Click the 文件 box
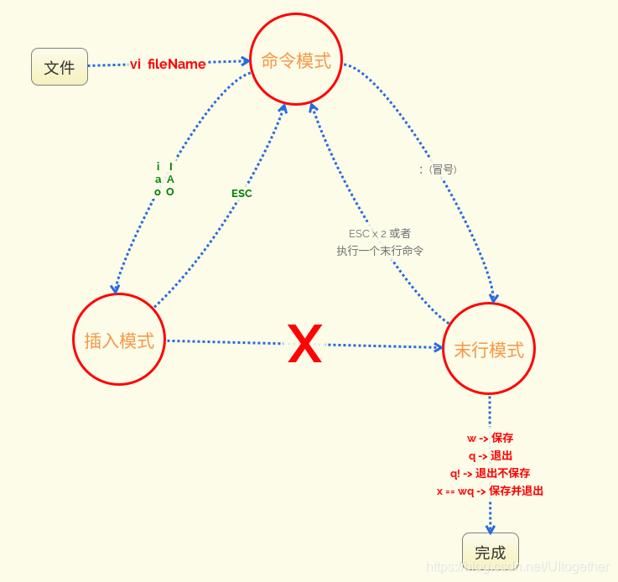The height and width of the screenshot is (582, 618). [60, 67]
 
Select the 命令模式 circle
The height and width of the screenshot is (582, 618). [296, 60]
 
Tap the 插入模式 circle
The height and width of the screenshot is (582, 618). [119, 340]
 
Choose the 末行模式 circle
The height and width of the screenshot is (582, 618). [489, 349]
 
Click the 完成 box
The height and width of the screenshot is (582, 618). [490, 551]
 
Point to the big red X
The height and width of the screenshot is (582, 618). [304, 344]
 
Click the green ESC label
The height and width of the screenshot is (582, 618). [241, 194]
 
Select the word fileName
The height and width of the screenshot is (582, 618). [176, 64]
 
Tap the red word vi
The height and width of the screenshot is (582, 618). [135, 65]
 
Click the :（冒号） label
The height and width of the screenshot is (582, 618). [439, 169]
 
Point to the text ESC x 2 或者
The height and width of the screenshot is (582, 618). [380, 233]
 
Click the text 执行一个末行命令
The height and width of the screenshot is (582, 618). [380, 251]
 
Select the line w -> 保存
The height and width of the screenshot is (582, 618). [490, 438]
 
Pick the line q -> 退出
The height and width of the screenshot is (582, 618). [490, 455]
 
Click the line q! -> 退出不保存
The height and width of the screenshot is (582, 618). [490, 473]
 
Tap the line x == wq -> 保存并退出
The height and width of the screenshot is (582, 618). [490, 491]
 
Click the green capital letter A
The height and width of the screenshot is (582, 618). [170, 179]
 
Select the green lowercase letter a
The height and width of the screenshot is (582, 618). [158, 179]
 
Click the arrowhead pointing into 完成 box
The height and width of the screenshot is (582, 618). [491, 530]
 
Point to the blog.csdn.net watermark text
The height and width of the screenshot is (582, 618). [517, 567]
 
